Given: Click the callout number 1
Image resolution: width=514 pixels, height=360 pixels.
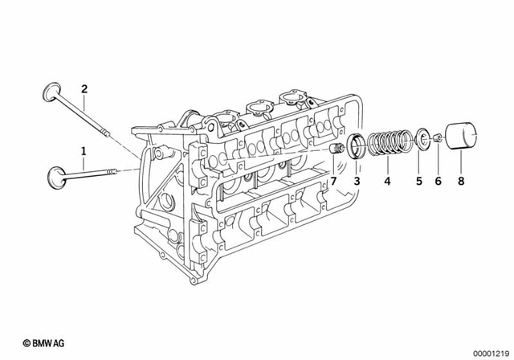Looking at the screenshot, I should [x=81, y=149].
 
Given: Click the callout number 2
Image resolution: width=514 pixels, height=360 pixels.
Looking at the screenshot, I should [x=83, y=88].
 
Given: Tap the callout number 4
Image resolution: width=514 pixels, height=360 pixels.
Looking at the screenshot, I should [x=387, y=182].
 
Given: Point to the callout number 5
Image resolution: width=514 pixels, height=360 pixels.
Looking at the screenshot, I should [x=418, y=182].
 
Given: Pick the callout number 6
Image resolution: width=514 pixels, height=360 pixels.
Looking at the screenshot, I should [x=439, y=182].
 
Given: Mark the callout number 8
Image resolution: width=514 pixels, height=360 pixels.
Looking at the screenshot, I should [x=460, y=182].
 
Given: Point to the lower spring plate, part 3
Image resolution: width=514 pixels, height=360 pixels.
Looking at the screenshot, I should [x=357, y=149].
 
